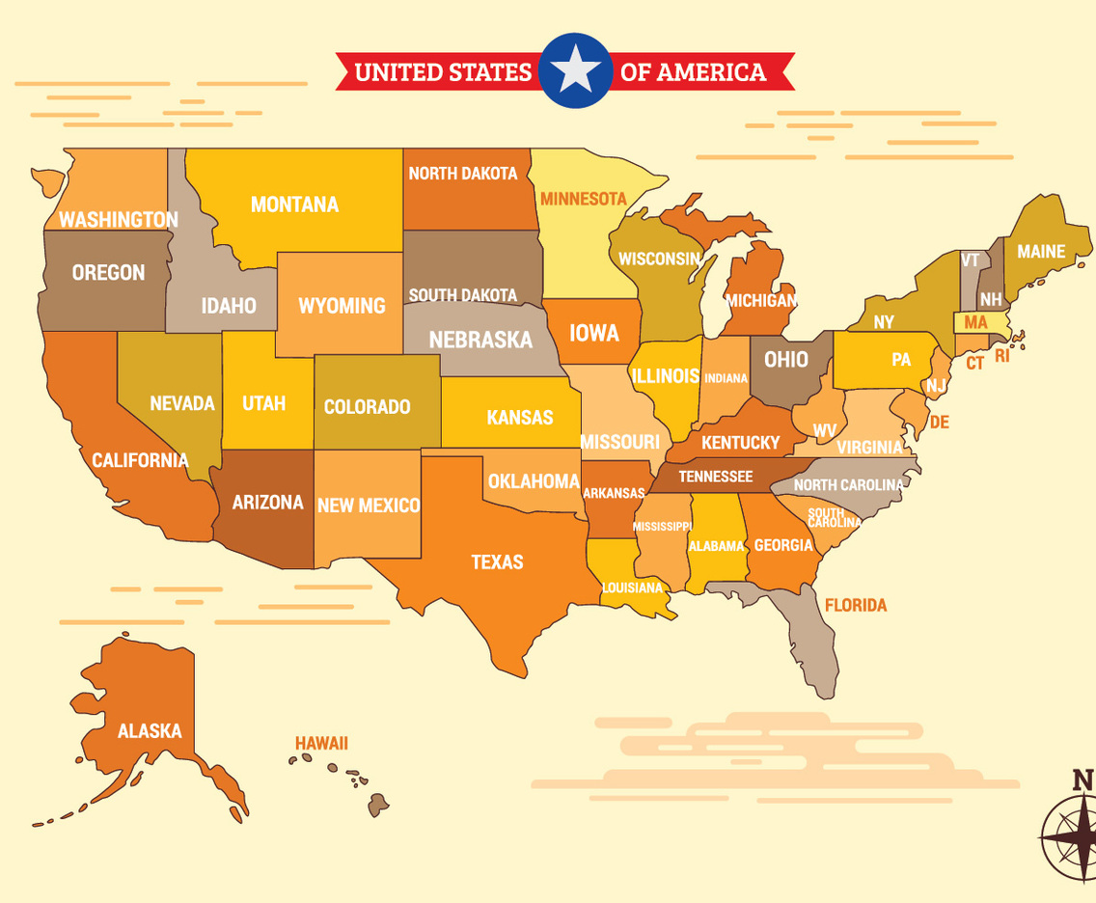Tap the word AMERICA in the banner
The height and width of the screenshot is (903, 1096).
coord(711,71)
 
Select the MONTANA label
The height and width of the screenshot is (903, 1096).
coord(294,205)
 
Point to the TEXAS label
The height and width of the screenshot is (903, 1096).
coord(497,561)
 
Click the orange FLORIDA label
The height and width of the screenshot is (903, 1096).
coord(855,606)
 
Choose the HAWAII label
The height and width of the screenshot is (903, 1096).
coord(321,743)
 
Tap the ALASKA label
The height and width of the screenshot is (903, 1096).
coord(150,731)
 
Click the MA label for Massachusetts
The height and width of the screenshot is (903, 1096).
coord(975,322)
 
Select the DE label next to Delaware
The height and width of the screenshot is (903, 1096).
coord(939,423)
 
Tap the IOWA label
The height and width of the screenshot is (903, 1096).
coord(593,333)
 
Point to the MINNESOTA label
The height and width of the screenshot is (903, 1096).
coord(583,199)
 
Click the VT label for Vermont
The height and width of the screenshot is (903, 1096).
coord(970,260)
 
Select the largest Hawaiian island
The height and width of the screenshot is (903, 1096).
coord(378,805)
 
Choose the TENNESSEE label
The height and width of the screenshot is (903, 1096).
coord(715,477)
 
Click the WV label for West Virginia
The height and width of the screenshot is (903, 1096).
coord(824,429)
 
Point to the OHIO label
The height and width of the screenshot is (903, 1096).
coord(786,359)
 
